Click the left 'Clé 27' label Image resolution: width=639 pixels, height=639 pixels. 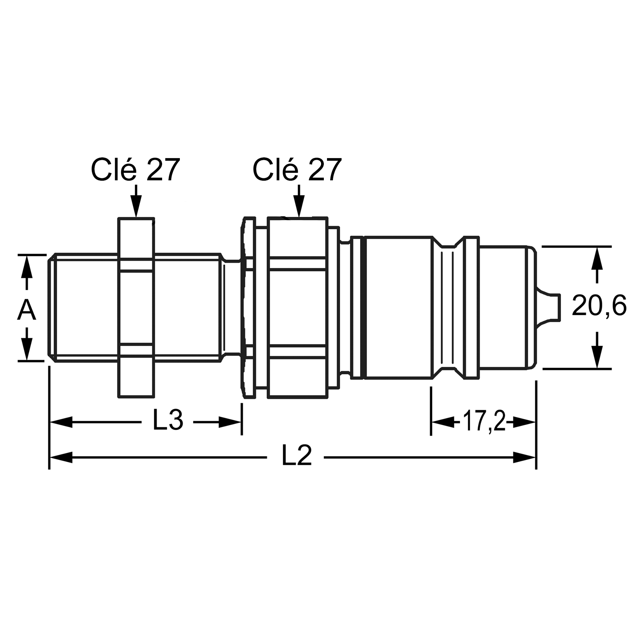tap(135, 170)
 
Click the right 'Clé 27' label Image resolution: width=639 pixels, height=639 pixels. tap(297, 170)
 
